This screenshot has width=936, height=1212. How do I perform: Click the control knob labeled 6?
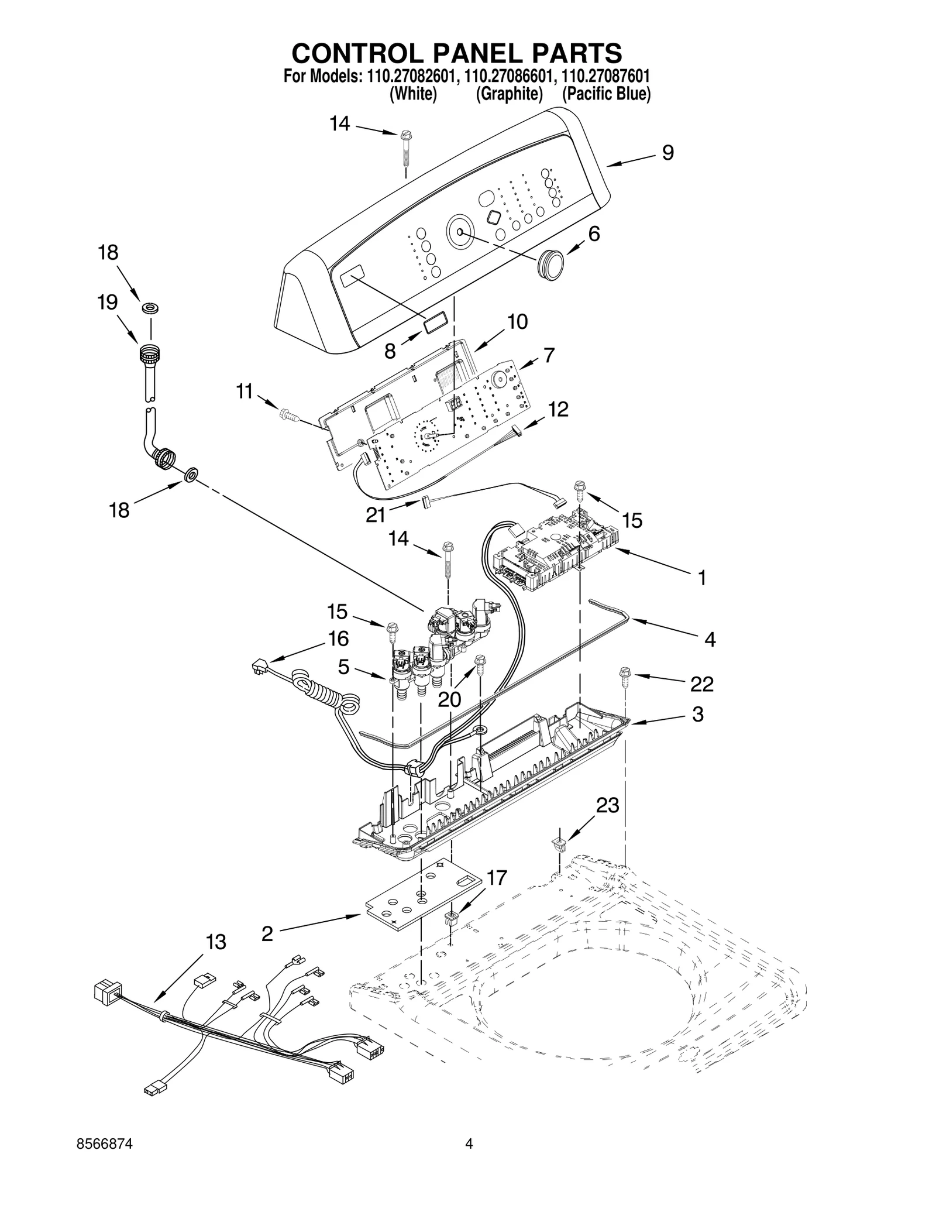[550, 260]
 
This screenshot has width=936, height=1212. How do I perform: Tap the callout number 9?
[668, 153]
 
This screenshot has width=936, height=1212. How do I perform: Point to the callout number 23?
[607, 805]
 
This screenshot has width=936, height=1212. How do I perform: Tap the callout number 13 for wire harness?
[216, 942]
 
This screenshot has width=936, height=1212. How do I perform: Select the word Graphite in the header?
[509, 94]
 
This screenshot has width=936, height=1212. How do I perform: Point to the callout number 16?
[338, 638]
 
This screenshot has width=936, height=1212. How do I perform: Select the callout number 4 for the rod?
[709, 640]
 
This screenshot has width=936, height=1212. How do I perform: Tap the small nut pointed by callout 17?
[452, 916]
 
